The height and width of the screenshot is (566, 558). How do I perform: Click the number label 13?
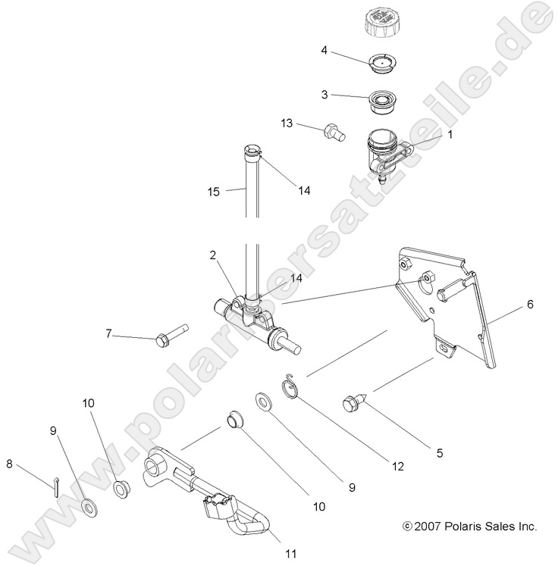[287, 122]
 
